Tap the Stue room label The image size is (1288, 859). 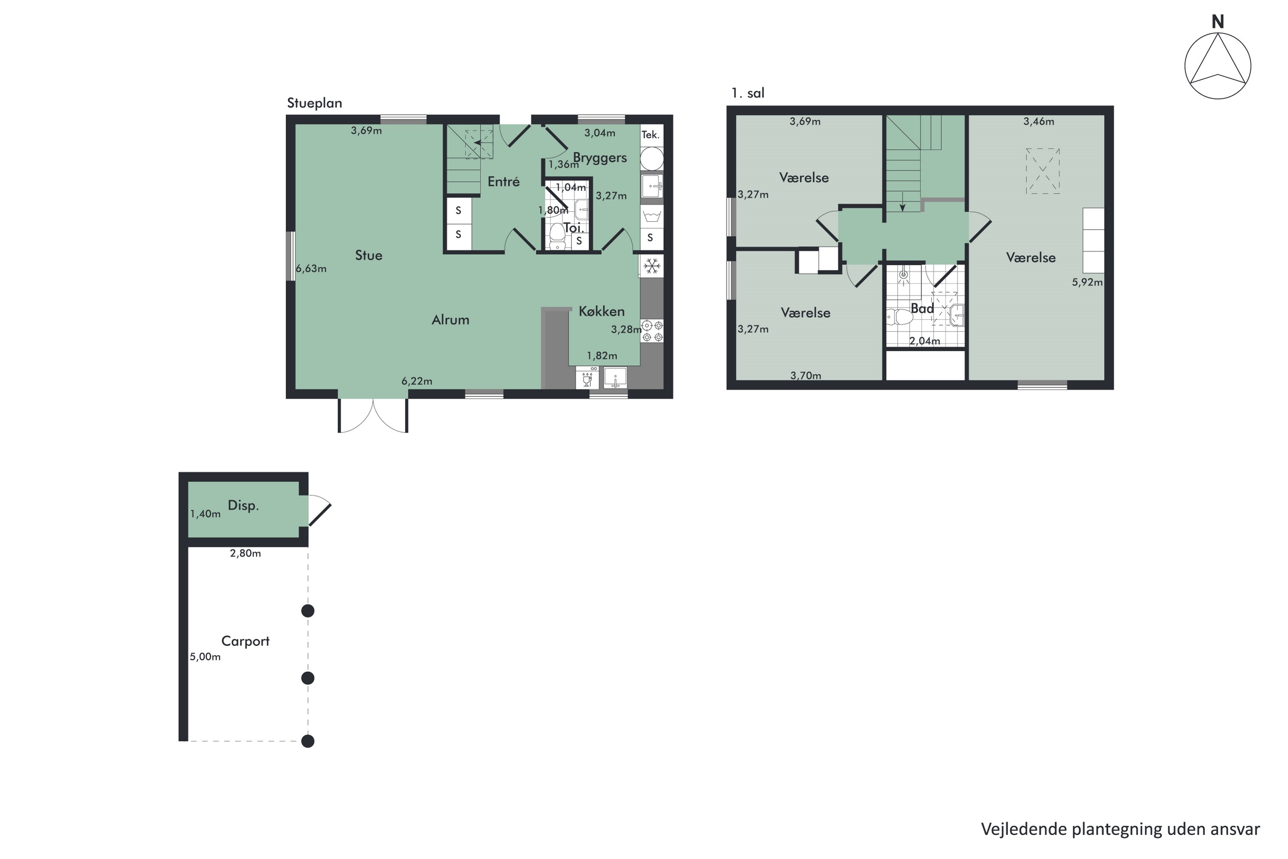[x=368, y=255]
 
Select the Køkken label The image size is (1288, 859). [x=601, y=311]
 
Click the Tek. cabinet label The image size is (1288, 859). [x=650, y=135]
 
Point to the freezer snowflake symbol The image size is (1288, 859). [x=652, y=267]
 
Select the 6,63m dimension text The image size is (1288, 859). [x=311, y=268]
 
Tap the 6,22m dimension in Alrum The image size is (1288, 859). [x=417, y=381]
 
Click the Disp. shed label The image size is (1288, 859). [x=243, y=505]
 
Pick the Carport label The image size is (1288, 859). [x=245, y=641]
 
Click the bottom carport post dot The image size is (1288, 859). [x=308, y=741]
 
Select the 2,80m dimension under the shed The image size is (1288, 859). [x=245, y=553]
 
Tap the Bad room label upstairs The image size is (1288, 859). [x=922, y=308]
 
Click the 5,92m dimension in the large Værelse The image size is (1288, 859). [x=1087, y=282]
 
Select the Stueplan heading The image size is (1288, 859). [x=314, y=103]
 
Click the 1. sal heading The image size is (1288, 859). [x=747, y=93]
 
